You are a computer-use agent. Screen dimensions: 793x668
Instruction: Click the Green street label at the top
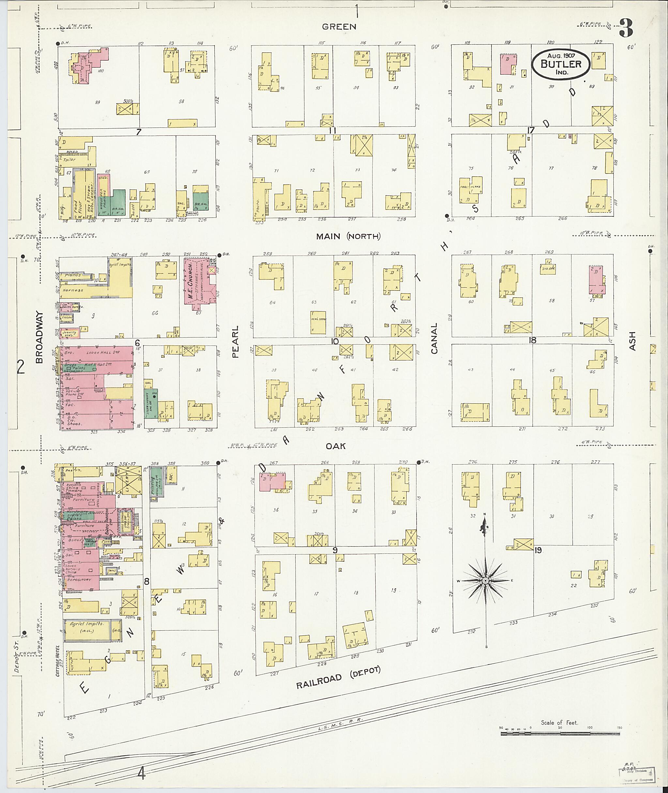click(x=339, y=26)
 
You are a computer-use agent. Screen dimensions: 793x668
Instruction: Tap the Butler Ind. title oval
click(x=560, y=64)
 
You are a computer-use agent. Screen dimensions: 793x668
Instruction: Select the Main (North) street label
click(x=348, y=237)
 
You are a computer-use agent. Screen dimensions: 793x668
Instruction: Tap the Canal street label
click(x=434, y=338)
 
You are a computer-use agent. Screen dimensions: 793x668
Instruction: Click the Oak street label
click(x=336, y=446)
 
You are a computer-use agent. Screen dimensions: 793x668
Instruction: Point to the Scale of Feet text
click(x=559, y=722)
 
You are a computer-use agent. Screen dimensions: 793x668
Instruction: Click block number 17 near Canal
click(x=531, y=130)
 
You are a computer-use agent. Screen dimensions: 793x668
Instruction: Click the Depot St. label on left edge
click(x=16, y=661)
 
